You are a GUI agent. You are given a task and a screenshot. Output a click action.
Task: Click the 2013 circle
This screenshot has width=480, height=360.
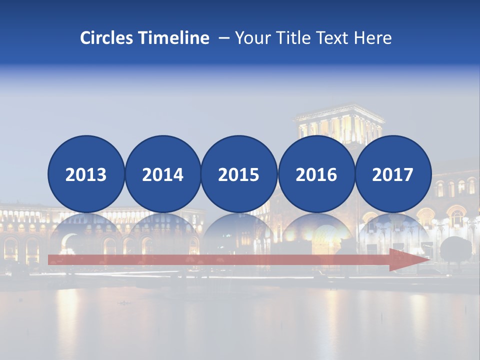coord(86,174)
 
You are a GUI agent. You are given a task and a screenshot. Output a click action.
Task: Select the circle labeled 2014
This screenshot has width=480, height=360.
coord(162,174)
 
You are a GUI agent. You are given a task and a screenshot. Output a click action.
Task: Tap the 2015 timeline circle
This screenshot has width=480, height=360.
coord(239,174)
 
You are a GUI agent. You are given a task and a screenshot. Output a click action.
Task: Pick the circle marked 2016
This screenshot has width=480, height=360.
coord(316,174)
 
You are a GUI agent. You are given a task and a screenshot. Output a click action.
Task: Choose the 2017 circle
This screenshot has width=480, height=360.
coord(393,174)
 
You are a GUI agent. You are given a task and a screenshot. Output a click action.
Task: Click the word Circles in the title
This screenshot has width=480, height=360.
coord(107,38)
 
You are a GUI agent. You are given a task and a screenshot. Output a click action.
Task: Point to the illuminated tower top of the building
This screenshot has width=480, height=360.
coord(339,122)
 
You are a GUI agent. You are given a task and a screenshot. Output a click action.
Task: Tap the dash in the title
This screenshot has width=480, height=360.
coord(223,38)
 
